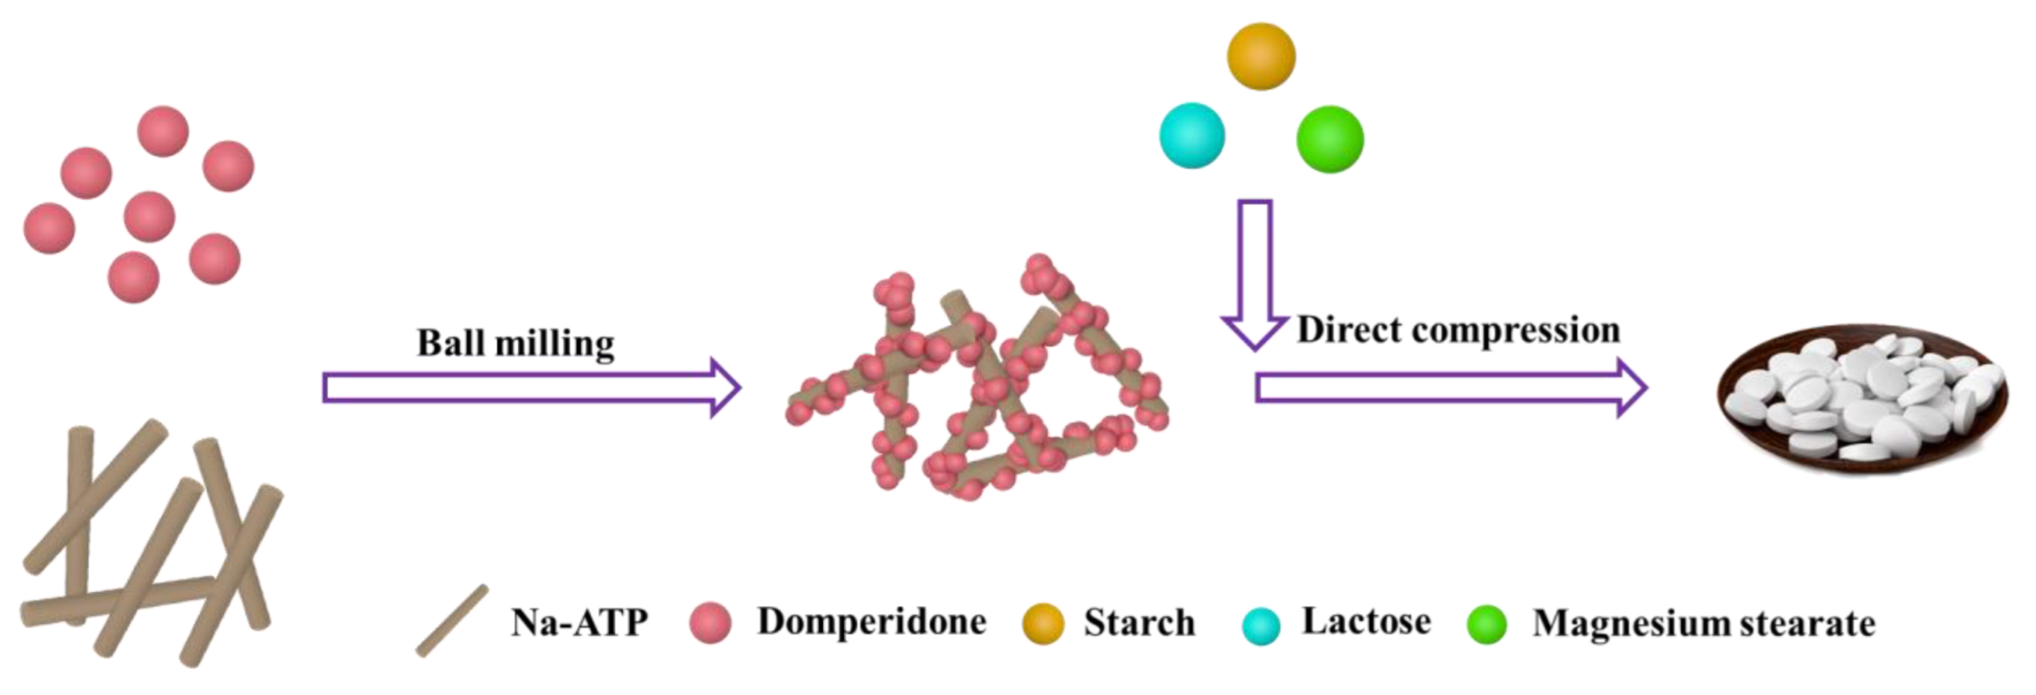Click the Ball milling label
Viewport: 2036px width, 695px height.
(x=515, y=343)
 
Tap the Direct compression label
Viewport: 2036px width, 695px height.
(x=1458, y=330)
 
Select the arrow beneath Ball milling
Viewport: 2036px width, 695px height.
(x=531, y=387)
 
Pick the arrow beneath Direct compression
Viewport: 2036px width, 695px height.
(x=1450, y=387)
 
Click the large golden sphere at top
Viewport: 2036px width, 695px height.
(x=1261, y=56)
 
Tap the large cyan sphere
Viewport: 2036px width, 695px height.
(x=1192, y=136)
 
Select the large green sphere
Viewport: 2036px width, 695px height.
(x=1329, y=139)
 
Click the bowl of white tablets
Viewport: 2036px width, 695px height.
(x=1863, y=400)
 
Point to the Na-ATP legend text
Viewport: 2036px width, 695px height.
(x=579, y=623)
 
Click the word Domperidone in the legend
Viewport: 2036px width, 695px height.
(x=871, y=622)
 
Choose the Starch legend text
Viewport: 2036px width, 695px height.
(x=1139, y=623)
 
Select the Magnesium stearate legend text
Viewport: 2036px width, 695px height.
(x=1703, y=623)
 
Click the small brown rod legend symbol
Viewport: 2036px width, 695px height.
(x=452, y=621)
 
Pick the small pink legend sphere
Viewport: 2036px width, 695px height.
(x=710, y=623)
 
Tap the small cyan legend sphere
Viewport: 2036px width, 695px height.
(x=1261, y=625)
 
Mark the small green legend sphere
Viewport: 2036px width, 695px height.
(x=1487, y=623)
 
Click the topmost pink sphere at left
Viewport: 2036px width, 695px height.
(x=163, y=132)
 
